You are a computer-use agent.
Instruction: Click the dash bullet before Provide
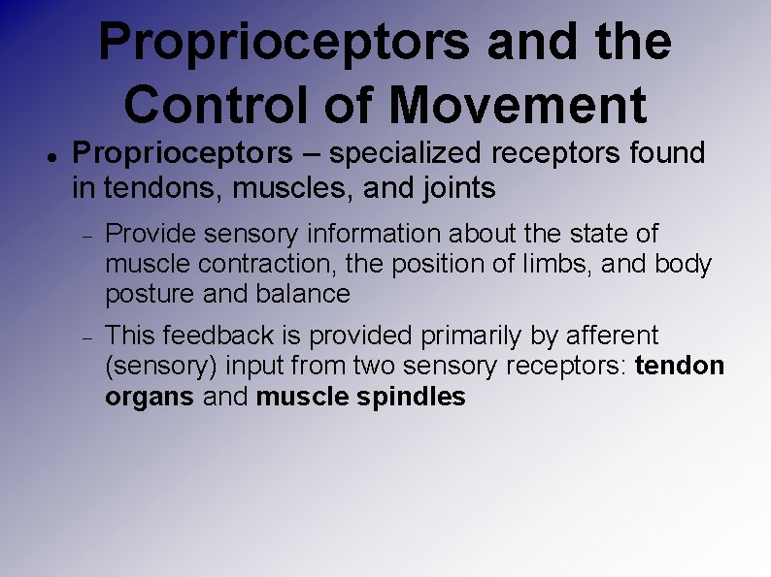(x=85, y=236)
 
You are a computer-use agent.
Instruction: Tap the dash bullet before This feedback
(x=85, y=337)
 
